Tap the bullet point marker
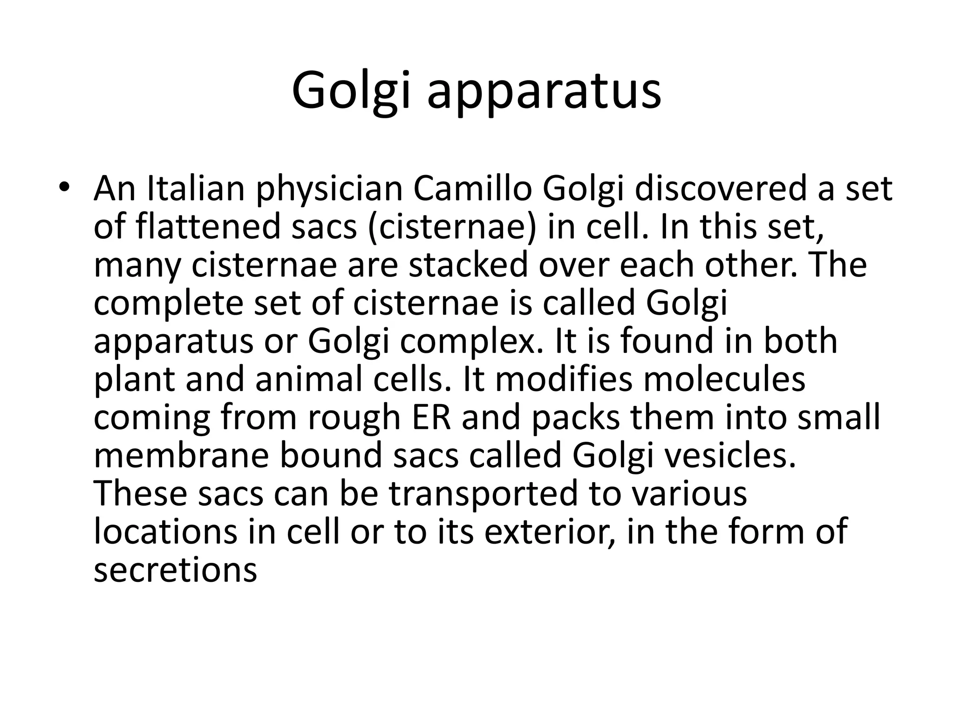(x=63, y=188)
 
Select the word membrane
(x=181, y=456)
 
